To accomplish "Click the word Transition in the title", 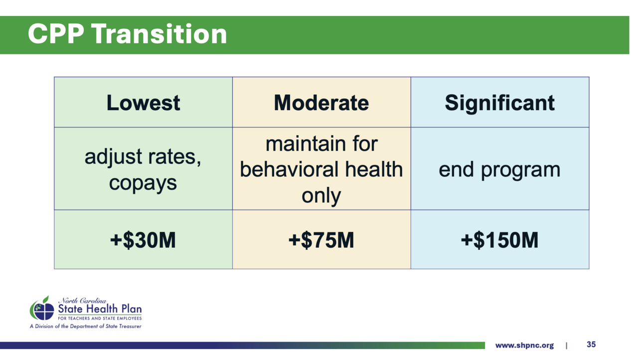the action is pyautogui.click(x=160, y=34).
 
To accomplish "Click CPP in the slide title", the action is pyautogui.click(x=56, y=34).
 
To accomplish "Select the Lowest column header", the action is pyautogui.click(x=143, y=103).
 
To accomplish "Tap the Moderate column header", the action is pyautogui.click(x=322, y=103).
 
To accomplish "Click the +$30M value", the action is pyautogui.click(x=143, y=240).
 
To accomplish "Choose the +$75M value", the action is pyautogui.click(x=321, y=240).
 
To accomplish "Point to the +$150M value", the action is pyautogui.click(x=499, y=240).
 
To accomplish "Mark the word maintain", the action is pyautogui.click(x=305, y=144).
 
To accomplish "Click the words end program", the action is pyautogui.click(x=499, y=170).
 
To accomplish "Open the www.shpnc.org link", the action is pyautogui.click(x=524, y=345).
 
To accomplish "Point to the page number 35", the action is pyautogui.click(x=591, y=345).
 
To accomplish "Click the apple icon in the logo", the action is pyautogui.click(x=42, y=308).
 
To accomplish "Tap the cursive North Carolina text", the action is pyautogui.click(x=82, y=301).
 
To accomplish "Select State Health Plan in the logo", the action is pyautogui.click(x=100, y=309).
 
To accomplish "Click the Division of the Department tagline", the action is pyautogui.click(x=86, y=327).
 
